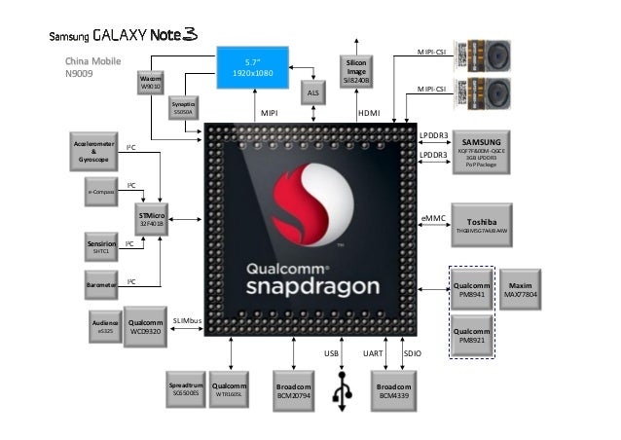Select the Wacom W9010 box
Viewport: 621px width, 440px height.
pos(152,82)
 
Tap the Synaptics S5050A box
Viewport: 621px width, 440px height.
pos(183,108)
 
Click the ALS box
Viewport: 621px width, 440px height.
pos(312,92)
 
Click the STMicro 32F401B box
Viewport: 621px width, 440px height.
pos(151,218)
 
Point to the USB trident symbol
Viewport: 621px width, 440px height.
pos(344,391)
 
